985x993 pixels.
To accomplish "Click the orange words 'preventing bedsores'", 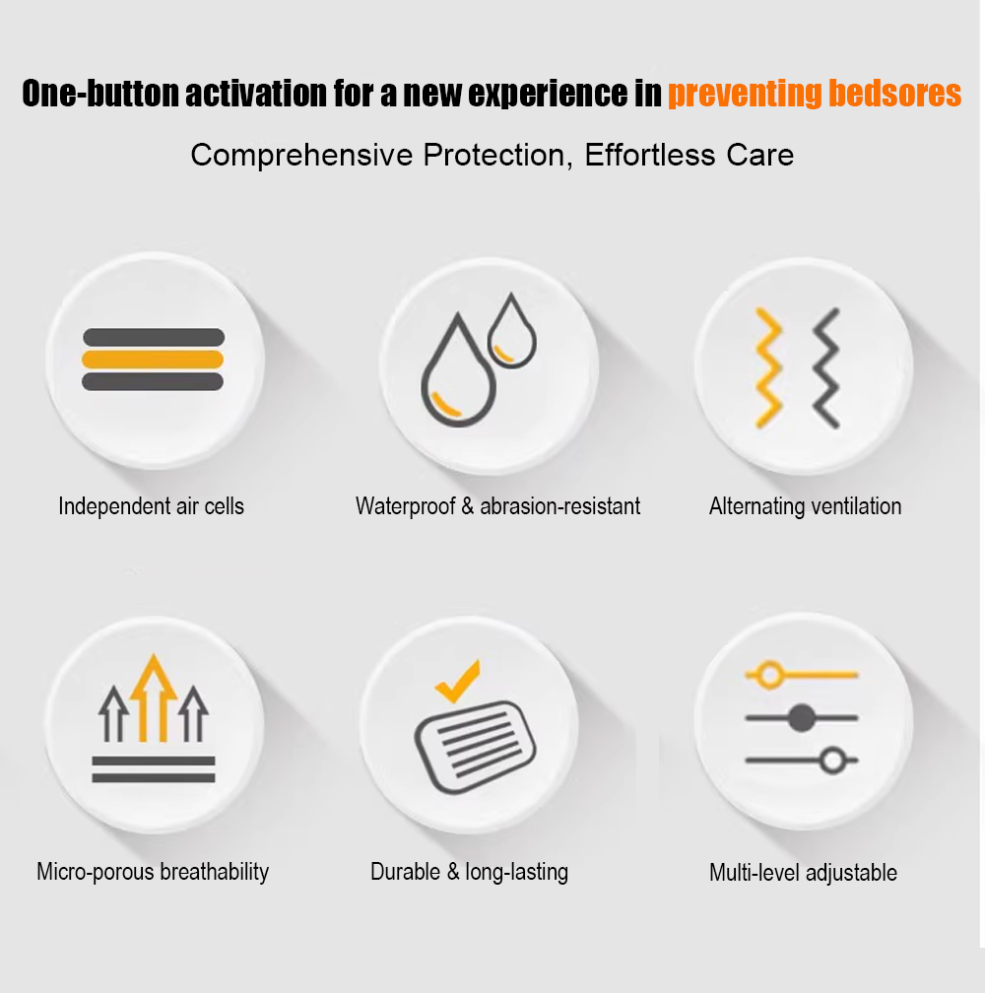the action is [814, 94].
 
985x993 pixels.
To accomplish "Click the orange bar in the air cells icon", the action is [153, 359].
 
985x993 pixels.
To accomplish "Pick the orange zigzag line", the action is [768, 367].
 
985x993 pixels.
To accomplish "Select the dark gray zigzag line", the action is [826, 367].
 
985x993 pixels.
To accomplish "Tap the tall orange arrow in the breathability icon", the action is [154, 696].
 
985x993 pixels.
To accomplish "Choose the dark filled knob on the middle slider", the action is [802, 717].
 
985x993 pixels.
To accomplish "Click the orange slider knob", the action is [770, 675].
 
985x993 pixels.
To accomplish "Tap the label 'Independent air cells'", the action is [152, 506].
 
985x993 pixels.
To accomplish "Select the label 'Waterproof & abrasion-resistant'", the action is [498, 506].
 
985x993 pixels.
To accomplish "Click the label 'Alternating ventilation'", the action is [805, 506].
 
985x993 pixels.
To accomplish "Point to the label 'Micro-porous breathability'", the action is [153, 872].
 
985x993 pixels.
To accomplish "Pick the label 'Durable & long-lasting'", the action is [469, 872].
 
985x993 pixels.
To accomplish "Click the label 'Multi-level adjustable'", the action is [804, 872].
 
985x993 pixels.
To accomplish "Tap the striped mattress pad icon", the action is [476, 747].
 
